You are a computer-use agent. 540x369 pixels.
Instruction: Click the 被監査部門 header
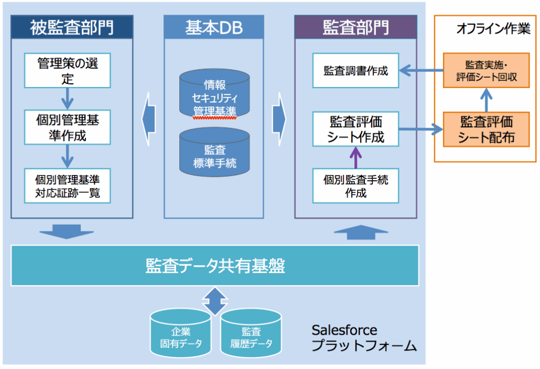tap(72, 27)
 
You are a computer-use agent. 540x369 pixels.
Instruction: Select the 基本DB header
tap(214, 27)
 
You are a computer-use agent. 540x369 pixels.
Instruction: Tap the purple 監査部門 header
tap(355, 27)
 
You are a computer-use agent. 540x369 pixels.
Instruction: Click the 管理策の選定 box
tap(67, 71)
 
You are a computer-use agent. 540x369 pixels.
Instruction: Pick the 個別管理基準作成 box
tap(67, 128)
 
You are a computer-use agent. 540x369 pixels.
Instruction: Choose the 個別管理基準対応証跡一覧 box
tap(67, 186)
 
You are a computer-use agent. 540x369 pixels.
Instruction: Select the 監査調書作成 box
tap(356, 70)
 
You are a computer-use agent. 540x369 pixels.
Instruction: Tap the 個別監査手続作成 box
tap(356, 186)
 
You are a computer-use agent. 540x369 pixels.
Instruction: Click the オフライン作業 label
tap(493, 29)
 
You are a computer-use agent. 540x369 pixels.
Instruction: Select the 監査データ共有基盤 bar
tap(215, 265)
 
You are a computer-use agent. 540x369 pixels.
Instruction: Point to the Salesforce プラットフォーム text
tap(364, 338)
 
